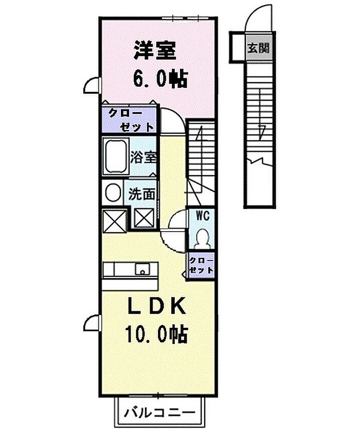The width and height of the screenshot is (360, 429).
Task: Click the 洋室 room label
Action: click(155, 50)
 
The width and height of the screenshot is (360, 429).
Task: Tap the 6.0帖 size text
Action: click(160, 79)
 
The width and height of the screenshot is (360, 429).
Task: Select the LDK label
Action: click(157, 305)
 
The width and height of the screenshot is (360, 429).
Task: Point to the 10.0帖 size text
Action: click(156, 334)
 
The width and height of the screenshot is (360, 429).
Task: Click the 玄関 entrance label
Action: click(259, 48)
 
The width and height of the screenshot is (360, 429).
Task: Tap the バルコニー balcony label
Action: click(160, 412)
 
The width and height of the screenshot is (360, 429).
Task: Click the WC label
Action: click(203, 216)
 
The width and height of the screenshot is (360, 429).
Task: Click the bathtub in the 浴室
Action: click(116, 156)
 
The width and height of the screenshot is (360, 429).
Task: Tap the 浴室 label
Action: click(143, 157)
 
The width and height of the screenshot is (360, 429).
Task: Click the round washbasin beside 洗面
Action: click(113, 192)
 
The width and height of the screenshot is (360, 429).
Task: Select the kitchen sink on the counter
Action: click(142, 269)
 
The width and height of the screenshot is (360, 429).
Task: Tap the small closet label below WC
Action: click(202, 265)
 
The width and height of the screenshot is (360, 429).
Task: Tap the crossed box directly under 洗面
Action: click(144, 217)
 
